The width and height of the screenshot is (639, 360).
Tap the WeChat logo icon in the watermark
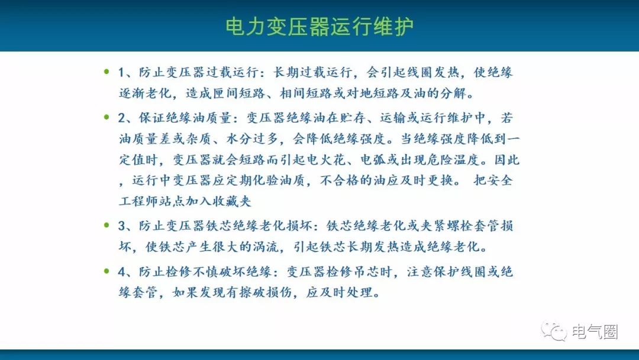[554, 331]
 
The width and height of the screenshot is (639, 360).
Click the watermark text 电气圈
[595, 332]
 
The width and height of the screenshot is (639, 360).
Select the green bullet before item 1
[106, 72]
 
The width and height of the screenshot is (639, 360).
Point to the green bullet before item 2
[106, 117]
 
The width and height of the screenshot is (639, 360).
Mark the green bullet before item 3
[106, 225]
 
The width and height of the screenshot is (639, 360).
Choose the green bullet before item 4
[106, 271]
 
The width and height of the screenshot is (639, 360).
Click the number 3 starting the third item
[121, 226]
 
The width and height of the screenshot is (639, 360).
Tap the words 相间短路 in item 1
[306, 94]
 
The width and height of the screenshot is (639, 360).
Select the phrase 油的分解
[440, 94]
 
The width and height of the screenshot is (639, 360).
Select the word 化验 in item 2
[266, 180]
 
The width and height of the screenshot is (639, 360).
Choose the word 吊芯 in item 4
[366, 272]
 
